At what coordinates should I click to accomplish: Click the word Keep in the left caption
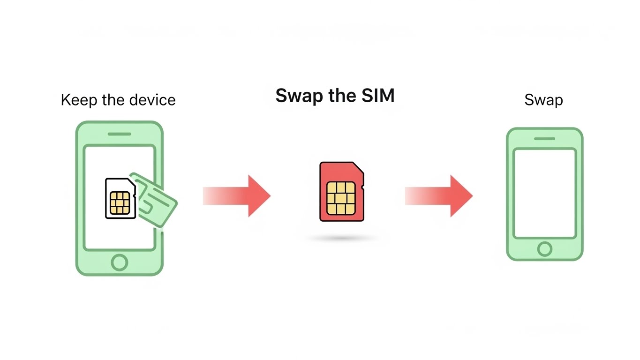pyautogui.click(x=77, y=100)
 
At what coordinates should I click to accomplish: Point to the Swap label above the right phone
pyautogui.click(x=543, y=100)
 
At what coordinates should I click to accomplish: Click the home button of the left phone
pyautogui.click(x=120, y=262)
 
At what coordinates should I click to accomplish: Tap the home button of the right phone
pyautogui.click(x=544, y=249)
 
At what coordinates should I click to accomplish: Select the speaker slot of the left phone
pyautogui.click(x=120, y=134)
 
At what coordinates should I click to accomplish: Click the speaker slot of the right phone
pyautogui.click(x=544, y=139)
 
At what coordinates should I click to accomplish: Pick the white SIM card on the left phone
pyautogui.click(x=120, y=198)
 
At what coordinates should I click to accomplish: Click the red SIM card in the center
pyautogui.click(x=341, y=191)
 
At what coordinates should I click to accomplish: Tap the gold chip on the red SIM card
pyautogui.click(x=341, y=197)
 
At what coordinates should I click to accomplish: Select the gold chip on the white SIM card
pyautogui.click(x=119, y=202)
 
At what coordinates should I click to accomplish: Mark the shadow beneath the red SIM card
pyautogui.click(x=342, y=239)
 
